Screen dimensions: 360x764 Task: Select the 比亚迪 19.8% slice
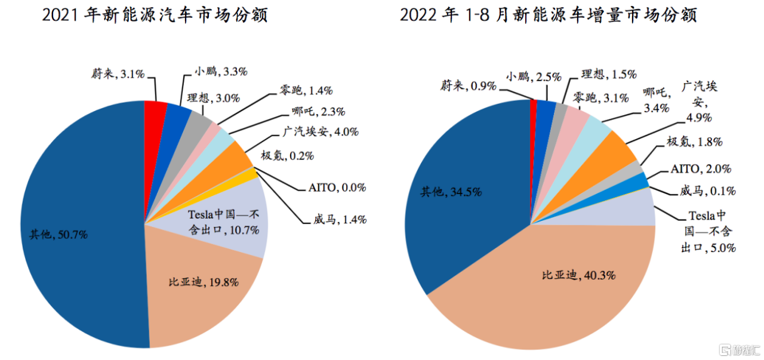(x=200, y=287)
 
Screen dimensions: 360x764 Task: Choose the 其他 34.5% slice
(x=460, y=197)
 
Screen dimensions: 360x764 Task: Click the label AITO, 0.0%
(x=337, y=187)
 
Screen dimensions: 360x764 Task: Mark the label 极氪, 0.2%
(x=286, y=156)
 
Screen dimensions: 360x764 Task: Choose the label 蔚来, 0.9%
(x=469, y=86)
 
